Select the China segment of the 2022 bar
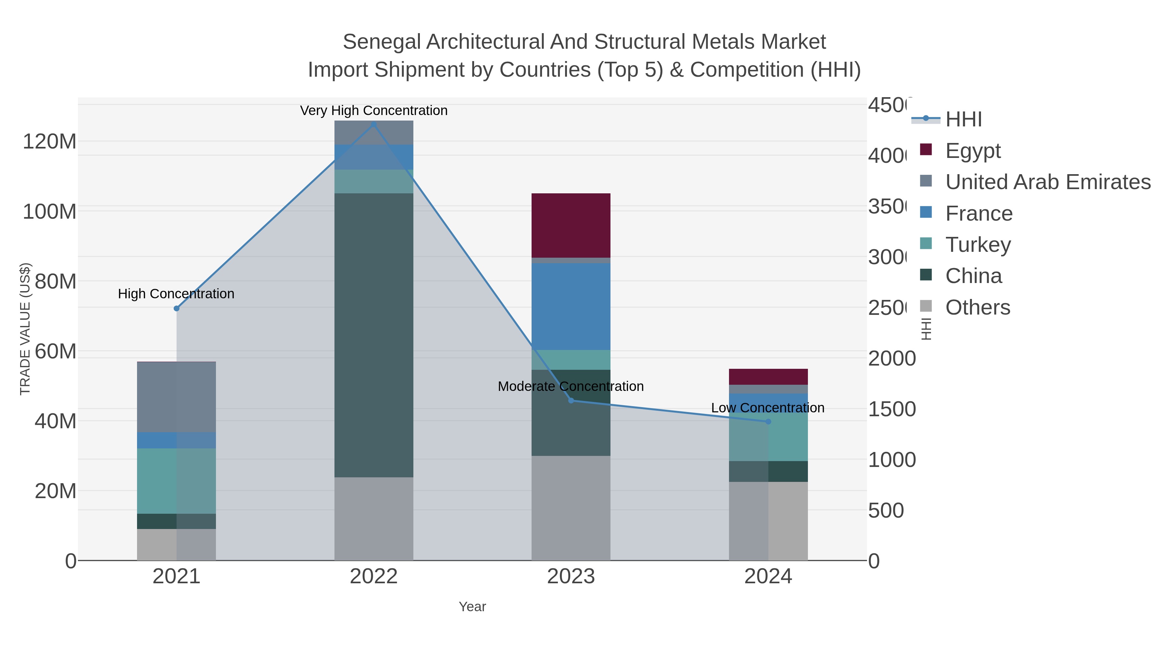pyautogui.click(x=373, y=335)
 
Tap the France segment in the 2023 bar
pyautogui.click(x=571, y=306)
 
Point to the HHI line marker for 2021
pyautogui.click(x=177, y=308)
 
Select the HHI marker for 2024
pyautogui.click(x=768, y=421)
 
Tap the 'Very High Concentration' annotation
pyautogui.click(x=373, y=110)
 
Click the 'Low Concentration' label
pyautogui.click(x=767, y=408)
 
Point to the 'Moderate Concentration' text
pyautogui.click(x=571, y=386)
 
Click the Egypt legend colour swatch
pyautogui.click(x=926, y=149)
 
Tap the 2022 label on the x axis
pyautogui.click(x=373, y=576)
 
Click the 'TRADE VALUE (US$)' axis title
pyautogui.click(x=25, y=329)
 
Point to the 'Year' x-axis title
pyautogui.click(x=472, y=606)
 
